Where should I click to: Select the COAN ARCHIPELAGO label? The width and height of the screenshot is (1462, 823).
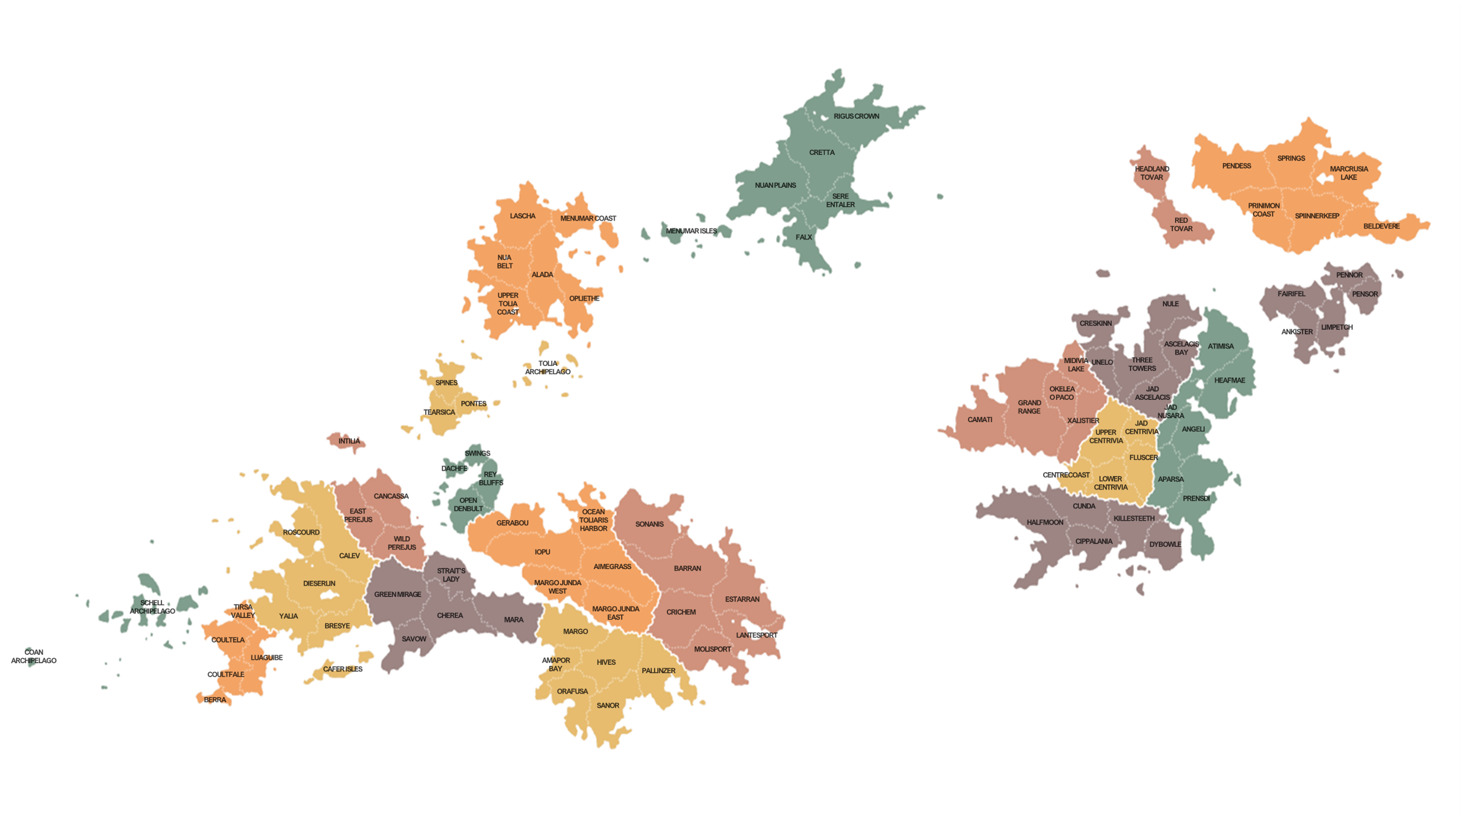pos(33,656)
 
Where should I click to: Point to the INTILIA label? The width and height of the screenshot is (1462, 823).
pos(349,441)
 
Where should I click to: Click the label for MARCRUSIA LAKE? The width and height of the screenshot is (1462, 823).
pos(1348,173)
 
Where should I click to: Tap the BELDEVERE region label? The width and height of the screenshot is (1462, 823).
pos(1381,226)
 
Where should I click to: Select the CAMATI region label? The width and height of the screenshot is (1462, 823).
pos(980,419)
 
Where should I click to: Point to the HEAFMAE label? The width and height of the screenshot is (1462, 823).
pos(1229,380)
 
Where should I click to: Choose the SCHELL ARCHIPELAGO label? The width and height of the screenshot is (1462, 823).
pos(152,607)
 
